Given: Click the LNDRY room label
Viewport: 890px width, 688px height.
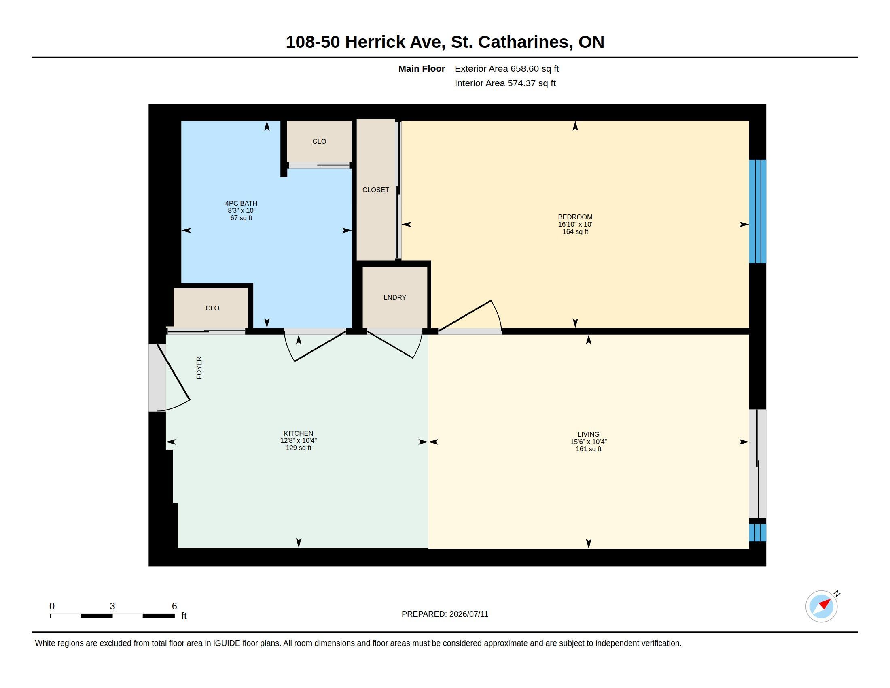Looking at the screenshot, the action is [394, 297].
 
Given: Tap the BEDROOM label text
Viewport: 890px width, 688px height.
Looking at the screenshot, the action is [575, 217].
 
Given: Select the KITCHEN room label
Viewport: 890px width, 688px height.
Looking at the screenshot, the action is [298, 433].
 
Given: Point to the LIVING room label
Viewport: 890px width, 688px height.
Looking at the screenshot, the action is [588, 434].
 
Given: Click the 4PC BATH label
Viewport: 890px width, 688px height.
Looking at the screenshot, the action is [241, 203].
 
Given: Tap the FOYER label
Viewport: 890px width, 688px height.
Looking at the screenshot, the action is [199, 367].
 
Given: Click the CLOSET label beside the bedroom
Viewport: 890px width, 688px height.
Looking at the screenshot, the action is [375, 190].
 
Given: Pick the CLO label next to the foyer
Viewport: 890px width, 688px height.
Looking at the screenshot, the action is [212, 308].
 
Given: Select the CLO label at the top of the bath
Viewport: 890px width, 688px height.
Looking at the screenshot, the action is [319, 141].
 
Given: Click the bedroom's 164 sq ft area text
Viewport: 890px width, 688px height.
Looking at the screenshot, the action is [575, 231].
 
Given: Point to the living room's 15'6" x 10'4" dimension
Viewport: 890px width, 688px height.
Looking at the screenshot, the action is [588, 442].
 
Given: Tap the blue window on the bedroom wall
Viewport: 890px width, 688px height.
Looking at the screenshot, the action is [758, 212].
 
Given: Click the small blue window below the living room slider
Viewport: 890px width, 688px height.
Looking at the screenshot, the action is [758, 533].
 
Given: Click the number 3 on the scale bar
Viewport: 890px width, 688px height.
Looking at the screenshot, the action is [112, 606].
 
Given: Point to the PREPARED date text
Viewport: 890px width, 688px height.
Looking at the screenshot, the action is [445, 614].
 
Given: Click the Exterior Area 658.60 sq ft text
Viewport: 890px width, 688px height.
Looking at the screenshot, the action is [506, 68].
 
